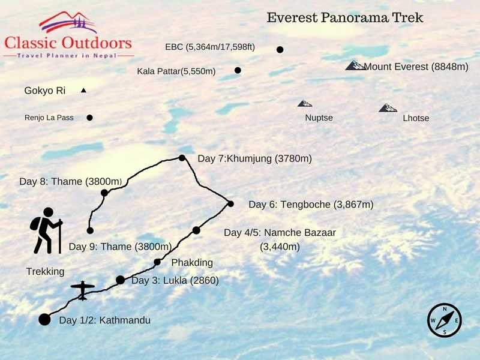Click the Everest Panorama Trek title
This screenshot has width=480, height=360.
tap(345, 18)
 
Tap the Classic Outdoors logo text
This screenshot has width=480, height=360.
tap(68, 43)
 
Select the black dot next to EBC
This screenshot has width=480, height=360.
tap(280, 50)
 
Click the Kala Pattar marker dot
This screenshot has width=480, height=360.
tap(238, 70)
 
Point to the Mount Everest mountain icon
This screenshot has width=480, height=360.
tap(356, 65)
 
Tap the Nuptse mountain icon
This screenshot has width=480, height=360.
tap(305, 103)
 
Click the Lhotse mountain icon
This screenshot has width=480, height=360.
tap(388, 108)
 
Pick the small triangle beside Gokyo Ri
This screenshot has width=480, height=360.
tap(83, 91)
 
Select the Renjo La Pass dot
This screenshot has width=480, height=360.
tap(89, 118)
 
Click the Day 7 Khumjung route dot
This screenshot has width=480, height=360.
tap(182, 158)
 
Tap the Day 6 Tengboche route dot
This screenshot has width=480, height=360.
tap(230, 204)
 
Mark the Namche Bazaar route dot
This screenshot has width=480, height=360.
tap(196, 230)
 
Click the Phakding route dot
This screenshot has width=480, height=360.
tap(157, 262)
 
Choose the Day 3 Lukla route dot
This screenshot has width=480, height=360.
tap(120, 280)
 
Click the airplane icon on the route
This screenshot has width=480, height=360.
tap(83, 290)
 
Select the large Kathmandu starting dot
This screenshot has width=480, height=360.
tap(44, 319)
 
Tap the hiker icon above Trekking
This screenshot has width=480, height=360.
tap(46, 230)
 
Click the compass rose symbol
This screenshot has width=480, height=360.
tap(445, 320)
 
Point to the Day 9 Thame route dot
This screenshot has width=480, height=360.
tap(90, 230)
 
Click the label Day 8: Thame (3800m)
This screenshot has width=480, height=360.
tap(71, 181)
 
